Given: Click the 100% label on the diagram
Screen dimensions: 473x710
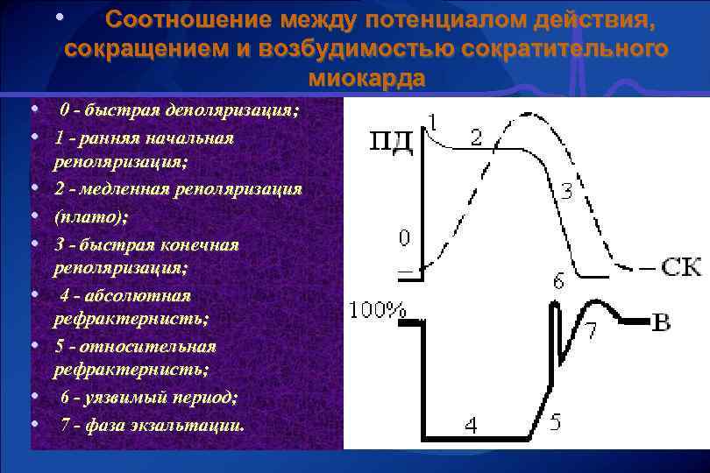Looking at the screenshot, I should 377,311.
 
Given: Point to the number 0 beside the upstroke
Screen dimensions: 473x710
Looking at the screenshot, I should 404,238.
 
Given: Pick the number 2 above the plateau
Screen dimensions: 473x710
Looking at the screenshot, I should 475,138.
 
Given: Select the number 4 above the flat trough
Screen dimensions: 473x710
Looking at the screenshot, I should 472,426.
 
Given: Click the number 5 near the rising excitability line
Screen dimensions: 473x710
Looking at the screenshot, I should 554,423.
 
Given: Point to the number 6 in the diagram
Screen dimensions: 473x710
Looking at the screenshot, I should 558,281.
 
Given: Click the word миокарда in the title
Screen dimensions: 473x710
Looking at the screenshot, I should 366,78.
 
